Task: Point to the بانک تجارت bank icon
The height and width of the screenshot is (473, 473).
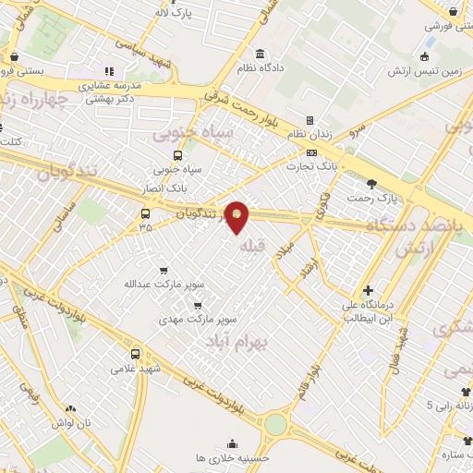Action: point(310,151)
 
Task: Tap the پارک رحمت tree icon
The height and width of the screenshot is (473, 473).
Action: point(372,182)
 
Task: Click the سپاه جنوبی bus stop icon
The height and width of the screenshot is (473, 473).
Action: point(177,154)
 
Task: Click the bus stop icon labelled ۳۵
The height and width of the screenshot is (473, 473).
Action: point(144,213)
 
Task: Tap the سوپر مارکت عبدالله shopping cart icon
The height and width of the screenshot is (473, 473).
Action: point(164,271)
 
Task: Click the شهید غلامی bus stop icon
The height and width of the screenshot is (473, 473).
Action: point(136,354)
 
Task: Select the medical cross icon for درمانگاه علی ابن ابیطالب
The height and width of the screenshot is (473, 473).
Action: point(368,290)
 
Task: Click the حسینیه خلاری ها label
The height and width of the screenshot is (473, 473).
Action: point(231,458)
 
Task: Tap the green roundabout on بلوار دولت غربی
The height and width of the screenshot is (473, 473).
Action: point(275,425)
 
